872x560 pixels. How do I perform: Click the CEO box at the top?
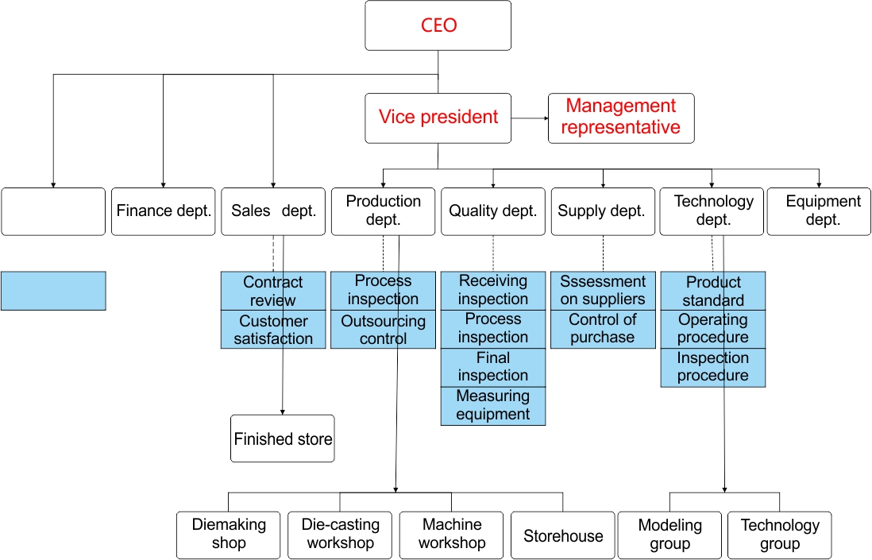point(438,25)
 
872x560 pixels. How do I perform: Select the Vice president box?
point(438,118)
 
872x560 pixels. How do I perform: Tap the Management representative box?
point(621,118)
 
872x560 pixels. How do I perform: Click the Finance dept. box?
point(164,211)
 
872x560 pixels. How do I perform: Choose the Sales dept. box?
point(273,211)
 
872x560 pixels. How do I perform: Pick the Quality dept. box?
point(493,211)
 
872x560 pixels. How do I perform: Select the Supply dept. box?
point(603,211)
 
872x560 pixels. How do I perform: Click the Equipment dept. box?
point(823,211)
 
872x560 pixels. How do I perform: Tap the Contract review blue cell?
point(273,291)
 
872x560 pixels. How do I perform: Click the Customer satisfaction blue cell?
point(273,330)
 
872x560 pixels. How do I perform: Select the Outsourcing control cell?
point(383,330)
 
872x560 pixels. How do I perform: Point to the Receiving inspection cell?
point(493,290)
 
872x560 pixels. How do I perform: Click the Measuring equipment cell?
point(493,405)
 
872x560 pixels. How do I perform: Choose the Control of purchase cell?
point(603,329)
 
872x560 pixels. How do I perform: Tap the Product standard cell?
point(713,291)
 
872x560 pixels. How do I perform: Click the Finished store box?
point(283,438)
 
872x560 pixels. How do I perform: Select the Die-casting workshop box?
point(341,535)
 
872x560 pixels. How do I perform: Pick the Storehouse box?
point(563,536)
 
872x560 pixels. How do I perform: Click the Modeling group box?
point(669,535)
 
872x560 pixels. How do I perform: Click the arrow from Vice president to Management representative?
point(530,118)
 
